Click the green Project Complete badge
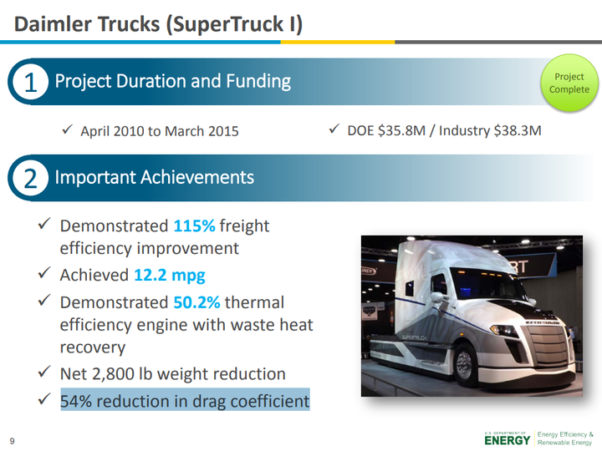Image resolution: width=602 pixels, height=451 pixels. point(569,83)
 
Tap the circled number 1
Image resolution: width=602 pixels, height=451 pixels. point(31,82)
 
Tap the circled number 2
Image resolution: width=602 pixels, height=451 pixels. point(31,178)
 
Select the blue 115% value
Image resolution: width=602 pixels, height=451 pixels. point(194,225)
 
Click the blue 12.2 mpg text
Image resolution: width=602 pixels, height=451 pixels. point(169,276)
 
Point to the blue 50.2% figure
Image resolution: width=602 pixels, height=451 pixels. point(196,302)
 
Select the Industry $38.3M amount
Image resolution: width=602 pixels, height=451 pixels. point(490,130)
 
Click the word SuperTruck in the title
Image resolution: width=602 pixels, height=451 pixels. point(227,23)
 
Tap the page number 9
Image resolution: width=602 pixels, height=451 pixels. point(12,441)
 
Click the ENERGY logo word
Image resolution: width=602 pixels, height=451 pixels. point(508,440)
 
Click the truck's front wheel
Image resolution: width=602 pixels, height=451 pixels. point(465,362)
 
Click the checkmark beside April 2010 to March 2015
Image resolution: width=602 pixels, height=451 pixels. point(67,129)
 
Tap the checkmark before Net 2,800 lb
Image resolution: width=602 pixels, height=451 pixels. point(44,371)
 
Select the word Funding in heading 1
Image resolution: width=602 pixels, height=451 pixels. point(258,82)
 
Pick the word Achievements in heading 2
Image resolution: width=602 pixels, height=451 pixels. point(197,177)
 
